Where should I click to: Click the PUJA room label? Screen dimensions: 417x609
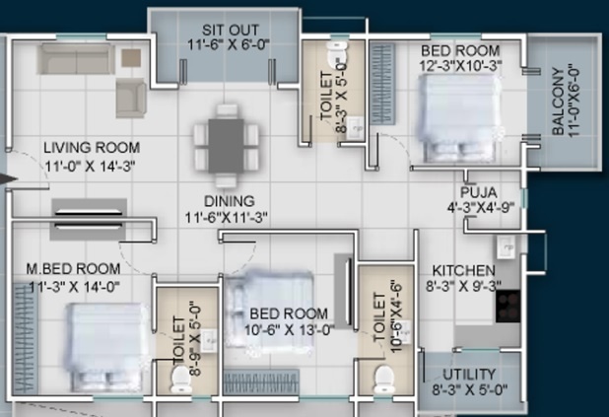click(x=476, y=191)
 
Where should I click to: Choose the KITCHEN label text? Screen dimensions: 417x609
click(x=462, y=269)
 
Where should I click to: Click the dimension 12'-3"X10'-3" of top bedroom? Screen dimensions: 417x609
click(x=460, y=66)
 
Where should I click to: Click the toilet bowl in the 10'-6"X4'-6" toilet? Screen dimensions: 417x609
click(x=385, y=377)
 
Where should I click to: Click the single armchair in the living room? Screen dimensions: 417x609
click(x=130, y=97)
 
